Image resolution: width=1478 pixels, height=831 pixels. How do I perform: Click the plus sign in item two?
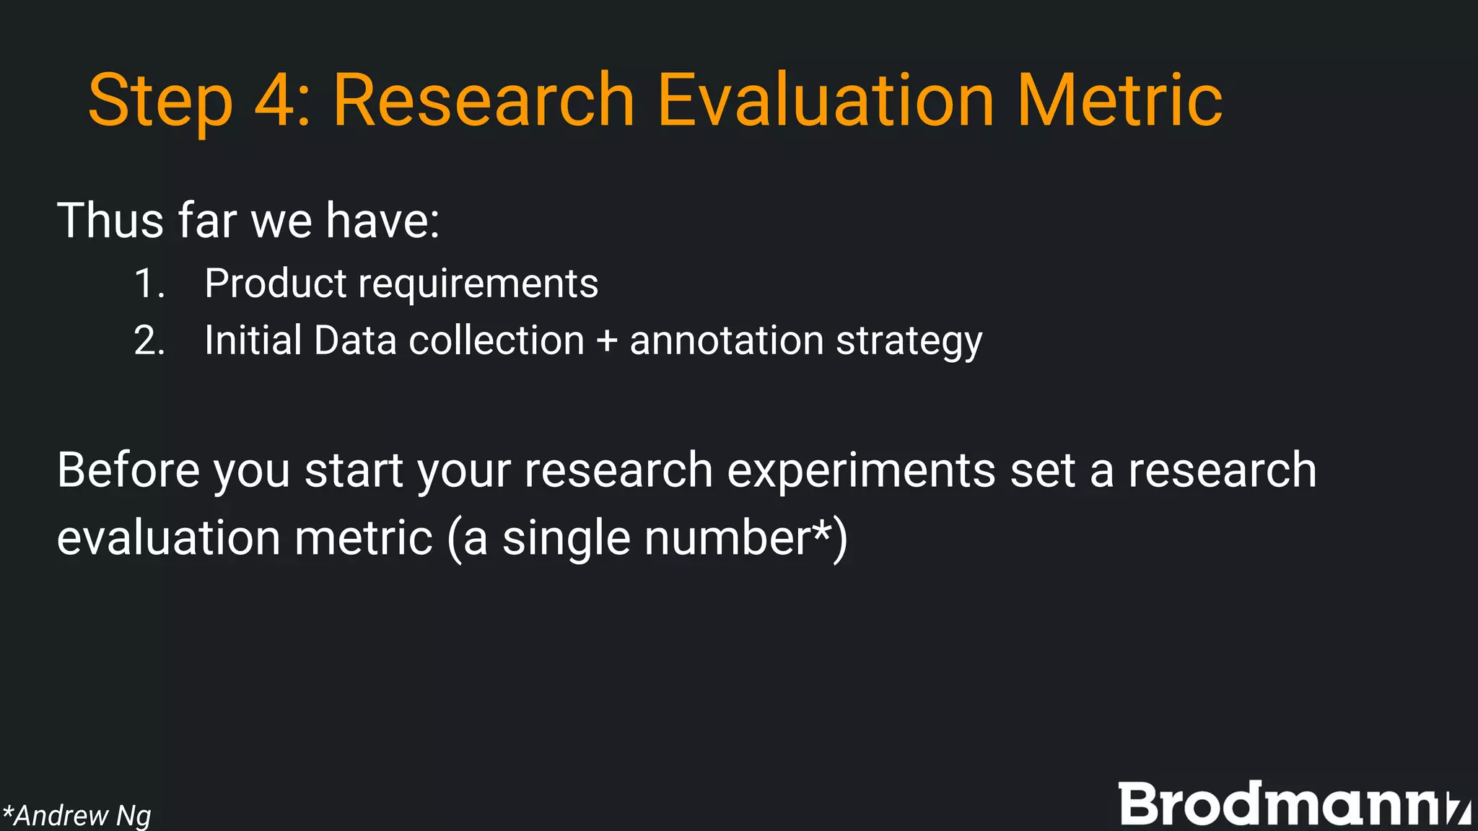click(607, 341)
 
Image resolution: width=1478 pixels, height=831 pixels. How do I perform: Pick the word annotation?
click(726, 340)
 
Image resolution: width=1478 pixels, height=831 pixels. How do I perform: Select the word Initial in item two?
click(253, 340)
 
